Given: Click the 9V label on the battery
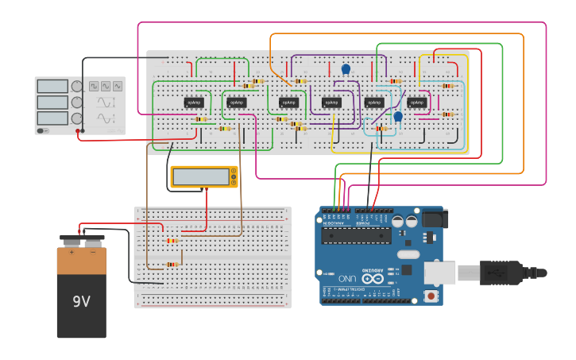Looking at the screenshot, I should click(81, 302).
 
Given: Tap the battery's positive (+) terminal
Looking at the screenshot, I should click(72, 238).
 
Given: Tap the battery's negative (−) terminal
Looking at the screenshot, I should click(92, 238).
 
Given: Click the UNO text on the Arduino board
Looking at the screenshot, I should click(347, 279).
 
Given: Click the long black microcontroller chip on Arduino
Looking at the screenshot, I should click(356, 235).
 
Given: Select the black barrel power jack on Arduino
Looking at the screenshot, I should click(433, 219).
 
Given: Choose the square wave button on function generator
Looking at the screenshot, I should click(94, 86).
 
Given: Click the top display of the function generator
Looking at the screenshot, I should click(52, 86).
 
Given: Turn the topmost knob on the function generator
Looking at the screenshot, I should click(77, 86).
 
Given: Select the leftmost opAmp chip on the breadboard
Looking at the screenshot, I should click(194, 103).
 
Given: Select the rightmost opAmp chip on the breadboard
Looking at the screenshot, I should click(416, 103).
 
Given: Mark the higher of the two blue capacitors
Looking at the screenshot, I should click(346, 69).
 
